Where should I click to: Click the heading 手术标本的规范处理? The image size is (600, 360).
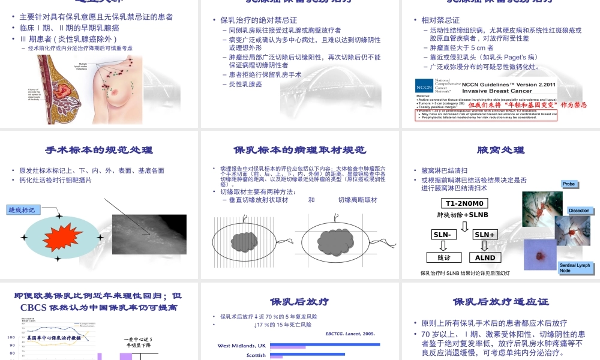[x=99, y=150]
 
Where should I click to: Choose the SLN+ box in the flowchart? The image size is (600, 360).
[x=485, y=235]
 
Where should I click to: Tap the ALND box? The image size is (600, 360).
[x=485, y=257]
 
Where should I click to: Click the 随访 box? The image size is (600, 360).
[x=444, y=257]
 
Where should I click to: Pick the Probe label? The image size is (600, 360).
[x=569, y=184]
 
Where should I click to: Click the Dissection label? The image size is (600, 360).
[x=579, y=211]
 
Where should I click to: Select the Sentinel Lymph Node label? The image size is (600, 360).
[x=575, y=268]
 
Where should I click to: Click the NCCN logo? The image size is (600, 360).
[x=424, y=86]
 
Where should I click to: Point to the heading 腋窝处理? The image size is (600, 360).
[x=500, y=150]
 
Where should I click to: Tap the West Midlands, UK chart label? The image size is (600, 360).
[x=241, y=346]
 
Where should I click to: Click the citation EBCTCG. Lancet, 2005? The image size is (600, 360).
[x=350, y=334]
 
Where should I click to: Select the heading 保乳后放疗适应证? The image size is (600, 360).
[x=500, y=302]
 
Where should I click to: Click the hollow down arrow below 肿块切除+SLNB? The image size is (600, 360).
[x=464, y=226]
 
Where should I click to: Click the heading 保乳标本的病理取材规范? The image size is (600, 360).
[x=299, y=150]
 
